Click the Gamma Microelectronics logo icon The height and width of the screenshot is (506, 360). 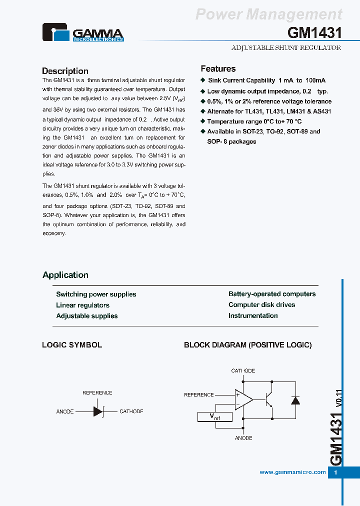click(56, 32)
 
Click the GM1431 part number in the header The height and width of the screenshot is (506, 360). click(314, 33)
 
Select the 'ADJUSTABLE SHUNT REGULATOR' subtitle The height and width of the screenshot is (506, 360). click(286, 48)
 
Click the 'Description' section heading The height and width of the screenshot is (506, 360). click(65, 71)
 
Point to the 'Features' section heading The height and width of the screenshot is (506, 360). click(218, 69)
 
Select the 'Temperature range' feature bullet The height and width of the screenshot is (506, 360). click(254, 121)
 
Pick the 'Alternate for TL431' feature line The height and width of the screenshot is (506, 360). click(269, 111)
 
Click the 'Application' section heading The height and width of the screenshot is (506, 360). click(65, 275)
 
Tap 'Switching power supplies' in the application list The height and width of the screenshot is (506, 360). click(96, 294)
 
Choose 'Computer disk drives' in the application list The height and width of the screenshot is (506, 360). click(261, 305)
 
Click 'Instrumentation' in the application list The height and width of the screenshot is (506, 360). click(253, 316)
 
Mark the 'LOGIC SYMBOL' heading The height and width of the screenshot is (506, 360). click(72, 345)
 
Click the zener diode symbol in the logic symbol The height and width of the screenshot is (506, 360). click(98, 411)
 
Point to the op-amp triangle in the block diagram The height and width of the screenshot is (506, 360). click(243, 399)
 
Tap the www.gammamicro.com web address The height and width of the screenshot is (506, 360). click(292, 472)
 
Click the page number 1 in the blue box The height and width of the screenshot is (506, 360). click(336, 472)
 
